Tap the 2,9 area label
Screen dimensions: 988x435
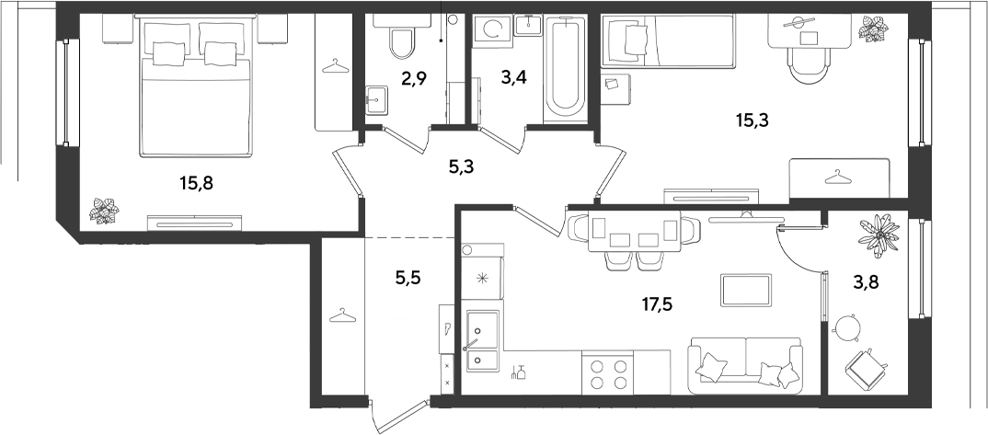point(413,79)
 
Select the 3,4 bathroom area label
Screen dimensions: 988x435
point(514,79)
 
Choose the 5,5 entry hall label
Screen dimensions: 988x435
point(407,277)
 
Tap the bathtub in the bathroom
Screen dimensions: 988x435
point(565,68)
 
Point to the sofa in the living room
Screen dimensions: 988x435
point(745,365)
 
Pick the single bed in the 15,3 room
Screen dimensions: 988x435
point(668,40)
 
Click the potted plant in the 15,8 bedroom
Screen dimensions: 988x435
point(105,211)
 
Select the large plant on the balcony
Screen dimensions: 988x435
point(878,235)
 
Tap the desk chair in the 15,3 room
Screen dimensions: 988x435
point(809,66)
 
